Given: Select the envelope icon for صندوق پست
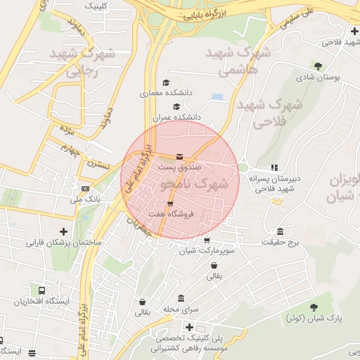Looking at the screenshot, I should [x=180, y=157].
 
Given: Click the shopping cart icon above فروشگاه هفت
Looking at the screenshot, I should [x=169, y=204].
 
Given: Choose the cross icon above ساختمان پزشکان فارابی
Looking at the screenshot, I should [x=63, y=231].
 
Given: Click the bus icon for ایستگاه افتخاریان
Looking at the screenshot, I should [x=42, y=290].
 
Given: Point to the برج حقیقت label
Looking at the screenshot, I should [x=281, y=243].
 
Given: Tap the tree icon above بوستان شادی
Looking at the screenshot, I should [x=319, y=67].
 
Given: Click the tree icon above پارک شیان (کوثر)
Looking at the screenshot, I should [x=314, y=307].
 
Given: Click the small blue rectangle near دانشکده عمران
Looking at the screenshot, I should [x=217, y=96].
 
